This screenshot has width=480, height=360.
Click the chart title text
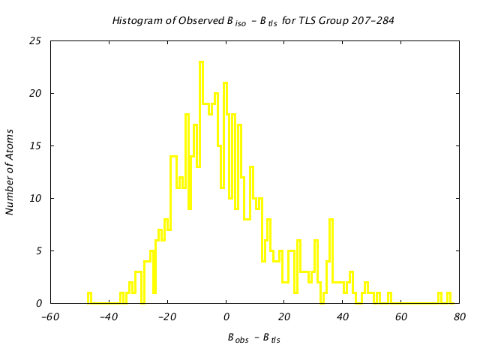[x=253, y=20]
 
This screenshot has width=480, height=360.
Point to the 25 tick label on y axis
[x=35, y=41]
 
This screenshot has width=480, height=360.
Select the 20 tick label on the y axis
[x=35, y=94]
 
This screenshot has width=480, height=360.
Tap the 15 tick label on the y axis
[x=35, y=146]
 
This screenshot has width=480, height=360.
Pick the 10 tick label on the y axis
[x=35, y=199]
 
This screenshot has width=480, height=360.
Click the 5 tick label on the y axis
[x=38, y=251]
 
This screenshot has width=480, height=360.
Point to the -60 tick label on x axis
[x=49, y=317]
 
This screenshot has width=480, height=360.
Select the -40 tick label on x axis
[x=108, y=317]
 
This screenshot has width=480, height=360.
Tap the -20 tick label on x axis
[x=166, y=317]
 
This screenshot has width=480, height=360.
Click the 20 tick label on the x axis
[x=284, y=317]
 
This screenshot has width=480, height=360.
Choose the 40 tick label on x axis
[x=343, y=317]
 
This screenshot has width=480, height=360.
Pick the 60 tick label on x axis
[x=401, y=317]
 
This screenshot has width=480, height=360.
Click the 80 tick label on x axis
[x=460, y=317]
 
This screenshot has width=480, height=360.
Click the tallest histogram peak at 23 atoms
[x=201, y=63]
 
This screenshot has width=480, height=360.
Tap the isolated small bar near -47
[x=89, y=298]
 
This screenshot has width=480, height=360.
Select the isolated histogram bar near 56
[x=389, y=298]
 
